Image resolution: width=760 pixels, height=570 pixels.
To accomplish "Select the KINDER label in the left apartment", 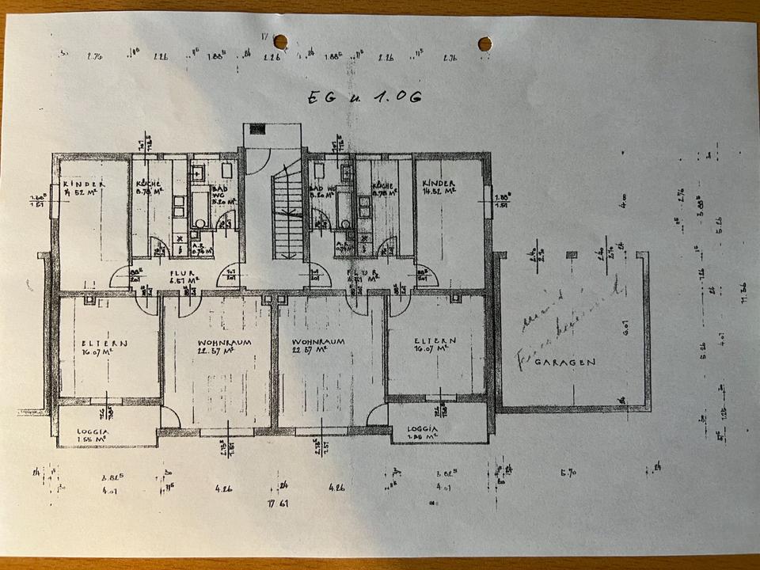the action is pos(84,182).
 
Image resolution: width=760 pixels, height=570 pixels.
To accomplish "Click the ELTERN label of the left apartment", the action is pos(104,343).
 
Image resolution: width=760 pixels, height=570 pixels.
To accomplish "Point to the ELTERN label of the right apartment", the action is pos(434,342).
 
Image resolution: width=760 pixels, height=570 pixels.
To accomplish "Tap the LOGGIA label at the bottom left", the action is pos(94,432).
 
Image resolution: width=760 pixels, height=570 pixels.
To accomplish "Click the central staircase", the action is pos(287,214).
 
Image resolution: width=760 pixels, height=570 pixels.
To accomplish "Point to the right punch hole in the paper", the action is pos(484,42).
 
